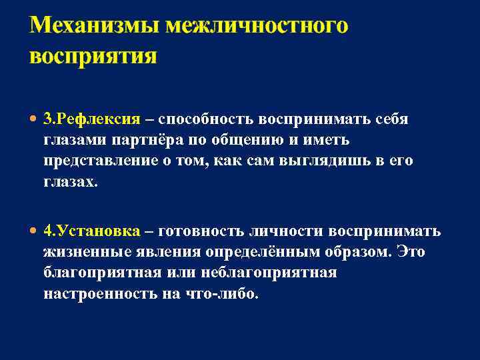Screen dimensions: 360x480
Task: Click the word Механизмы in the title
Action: coord(93,27)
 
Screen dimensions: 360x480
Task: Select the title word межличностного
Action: coord(257,27)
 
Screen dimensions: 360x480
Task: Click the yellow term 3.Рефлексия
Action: coord(92,119)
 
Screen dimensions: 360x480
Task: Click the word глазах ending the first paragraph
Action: coord(69,182)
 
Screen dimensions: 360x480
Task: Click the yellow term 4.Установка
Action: coord(92,231)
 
